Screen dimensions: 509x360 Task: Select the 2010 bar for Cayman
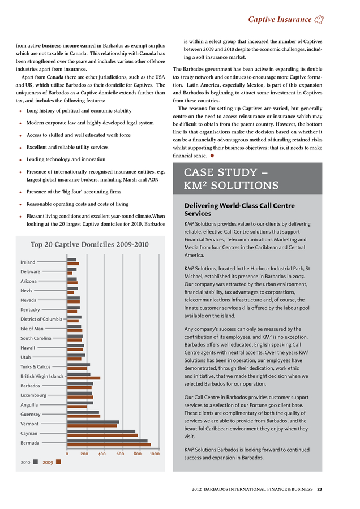click(101, 432)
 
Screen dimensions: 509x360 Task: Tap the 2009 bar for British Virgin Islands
click(83, 378)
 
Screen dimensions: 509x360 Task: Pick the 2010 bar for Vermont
click(93, 422)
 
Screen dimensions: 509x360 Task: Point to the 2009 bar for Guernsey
click(83, 416)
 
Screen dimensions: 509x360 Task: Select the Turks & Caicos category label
click(35, 366)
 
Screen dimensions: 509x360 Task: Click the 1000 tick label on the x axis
click(155, 454)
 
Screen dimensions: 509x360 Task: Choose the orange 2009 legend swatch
click(58, 461)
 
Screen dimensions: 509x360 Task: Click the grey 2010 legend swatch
click(36, 461)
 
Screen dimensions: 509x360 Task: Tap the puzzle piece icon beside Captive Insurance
click(320, 20)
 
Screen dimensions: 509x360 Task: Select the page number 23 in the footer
click(320, 489)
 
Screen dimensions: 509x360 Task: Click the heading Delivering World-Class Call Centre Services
click(240, 210)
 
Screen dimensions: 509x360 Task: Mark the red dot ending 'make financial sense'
click(212, 155)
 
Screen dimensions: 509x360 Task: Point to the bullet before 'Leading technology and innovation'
click(21, 161)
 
